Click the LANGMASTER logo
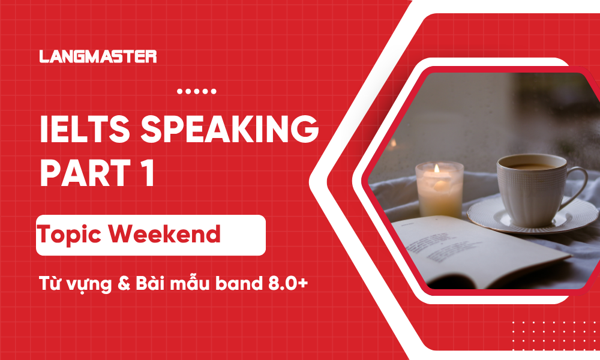point(98,57)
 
